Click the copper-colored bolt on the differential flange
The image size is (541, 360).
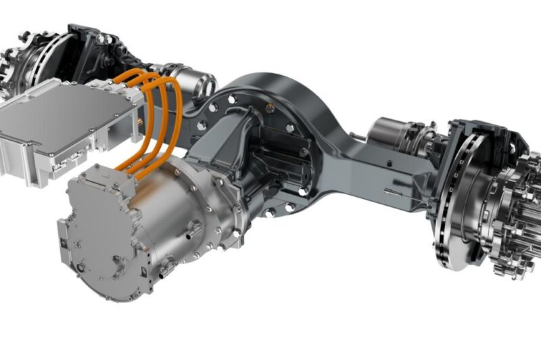click(x=270, y=108)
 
